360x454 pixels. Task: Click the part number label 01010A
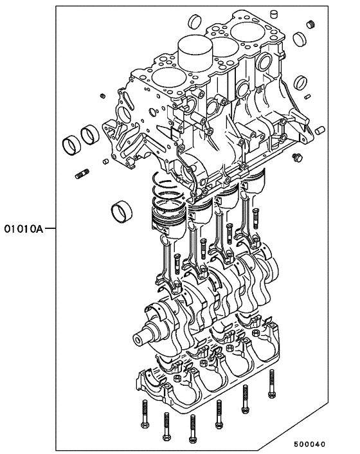(x=24, y=228)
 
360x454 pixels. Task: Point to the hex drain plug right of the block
(x=296, y=158)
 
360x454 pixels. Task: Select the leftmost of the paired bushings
(x=71, y=143)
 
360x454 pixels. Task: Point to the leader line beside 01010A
(x=51, y=228)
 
